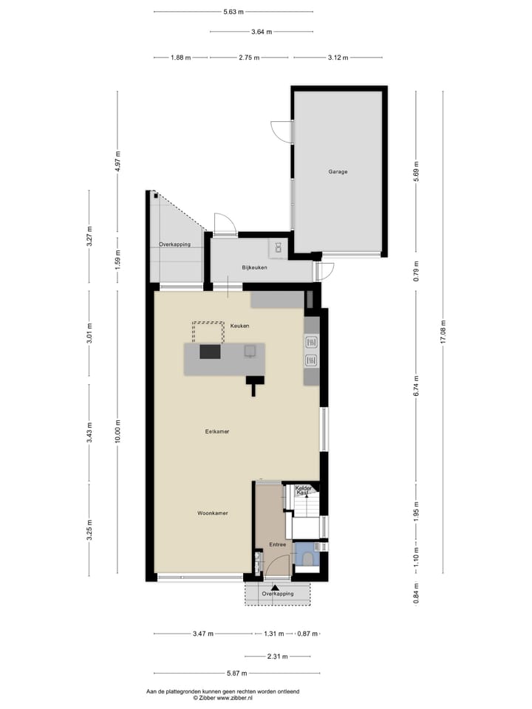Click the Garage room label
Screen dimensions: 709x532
(x=338, y=172)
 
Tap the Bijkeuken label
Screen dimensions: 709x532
(x=254, y=267)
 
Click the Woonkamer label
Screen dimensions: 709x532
(x=212, y=513)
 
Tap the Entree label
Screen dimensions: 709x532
(x=277, y=545)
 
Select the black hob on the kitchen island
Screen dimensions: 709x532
(x=210, y=352)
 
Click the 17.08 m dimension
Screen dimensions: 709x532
(x=443, y=332)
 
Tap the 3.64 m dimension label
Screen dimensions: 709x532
(x=262, y=32)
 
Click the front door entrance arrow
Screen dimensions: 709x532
(x=274, y=587)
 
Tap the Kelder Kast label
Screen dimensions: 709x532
(x=303, y=490)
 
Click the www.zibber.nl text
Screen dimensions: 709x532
(x=236, y=697)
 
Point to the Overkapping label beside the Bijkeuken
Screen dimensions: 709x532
(x=175, y=244)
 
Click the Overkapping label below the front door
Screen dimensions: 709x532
(x=278, y=594)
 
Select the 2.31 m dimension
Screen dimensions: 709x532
(x=277, y=657)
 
